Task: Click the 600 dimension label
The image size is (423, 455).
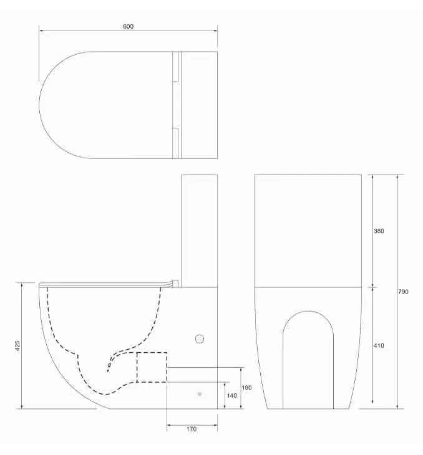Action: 128,26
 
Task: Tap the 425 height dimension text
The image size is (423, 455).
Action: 17,345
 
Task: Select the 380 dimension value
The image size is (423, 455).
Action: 379,231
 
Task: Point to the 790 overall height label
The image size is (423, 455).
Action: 403,292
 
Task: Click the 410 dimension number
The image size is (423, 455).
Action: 379,345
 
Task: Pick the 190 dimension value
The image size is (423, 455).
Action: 246,388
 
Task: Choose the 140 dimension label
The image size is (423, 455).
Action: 232,395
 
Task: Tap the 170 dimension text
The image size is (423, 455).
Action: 192,429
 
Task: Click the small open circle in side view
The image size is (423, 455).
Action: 199,338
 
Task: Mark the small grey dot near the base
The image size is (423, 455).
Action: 200,394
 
